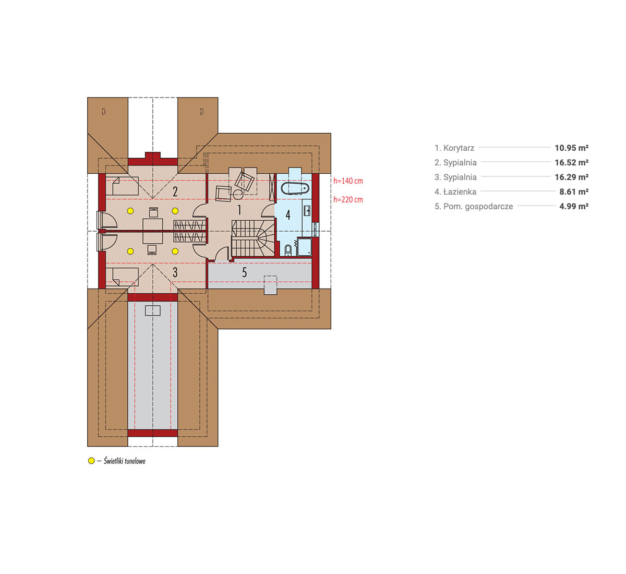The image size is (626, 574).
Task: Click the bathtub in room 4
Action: tap(295, 188)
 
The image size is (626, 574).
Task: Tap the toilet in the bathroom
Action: tap(288, 250)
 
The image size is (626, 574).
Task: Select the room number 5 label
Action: tap(244, 272)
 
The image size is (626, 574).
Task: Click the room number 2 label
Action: tap(175, 192)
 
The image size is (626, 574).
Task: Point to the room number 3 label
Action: tap(175, 272)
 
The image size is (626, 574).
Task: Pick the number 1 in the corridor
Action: tap(239, 210)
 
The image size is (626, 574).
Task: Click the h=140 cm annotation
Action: tap(348, 181)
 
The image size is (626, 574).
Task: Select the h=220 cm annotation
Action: tap(348, 199)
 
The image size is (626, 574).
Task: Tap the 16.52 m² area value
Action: tap(571, 162)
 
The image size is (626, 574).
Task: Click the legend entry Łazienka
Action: tap(455, 192)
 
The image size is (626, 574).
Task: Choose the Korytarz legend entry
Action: tap(454, 148)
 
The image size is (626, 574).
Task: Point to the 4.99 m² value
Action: tap(574, 206)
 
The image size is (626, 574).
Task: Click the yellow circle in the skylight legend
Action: tap(91, 461)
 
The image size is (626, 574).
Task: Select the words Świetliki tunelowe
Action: tap(125, 461)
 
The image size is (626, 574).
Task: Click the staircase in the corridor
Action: tap(253, 238)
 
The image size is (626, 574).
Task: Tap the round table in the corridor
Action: tap(238, 195)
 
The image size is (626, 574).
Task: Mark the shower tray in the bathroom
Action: tap(304, 247)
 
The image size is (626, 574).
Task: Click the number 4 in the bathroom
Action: tap(288, 215)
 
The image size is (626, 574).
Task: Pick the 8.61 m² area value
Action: tap(574, 192)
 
